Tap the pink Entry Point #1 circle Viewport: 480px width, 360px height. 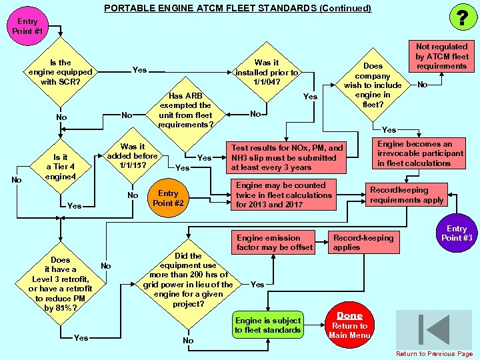click(27, 27)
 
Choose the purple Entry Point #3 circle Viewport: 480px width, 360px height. click(457, 233)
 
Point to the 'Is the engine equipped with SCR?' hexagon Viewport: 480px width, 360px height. click(60, 73)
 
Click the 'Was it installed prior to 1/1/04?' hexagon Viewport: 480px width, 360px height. click(267, 73)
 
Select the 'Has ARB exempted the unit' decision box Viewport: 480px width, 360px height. click(185, 110)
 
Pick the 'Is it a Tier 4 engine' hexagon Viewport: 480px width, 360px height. click(60, 167)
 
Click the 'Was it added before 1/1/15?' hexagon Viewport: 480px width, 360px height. click(132, 156)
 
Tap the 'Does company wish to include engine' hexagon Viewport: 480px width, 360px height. click(373, 85)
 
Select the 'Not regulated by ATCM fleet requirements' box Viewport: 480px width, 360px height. click(441, 56)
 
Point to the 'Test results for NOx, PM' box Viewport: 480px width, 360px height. click(287, 158)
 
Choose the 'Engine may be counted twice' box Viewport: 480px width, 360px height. click(283, 195)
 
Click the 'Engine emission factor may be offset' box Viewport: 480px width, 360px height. click(274, 243)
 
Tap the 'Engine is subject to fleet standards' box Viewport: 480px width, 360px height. click(268, 325)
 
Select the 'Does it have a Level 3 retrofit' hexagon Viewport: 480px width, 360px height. click(60, 284)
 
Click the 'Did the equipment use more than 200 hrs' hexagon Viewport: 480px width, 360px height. click(188, 279)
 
